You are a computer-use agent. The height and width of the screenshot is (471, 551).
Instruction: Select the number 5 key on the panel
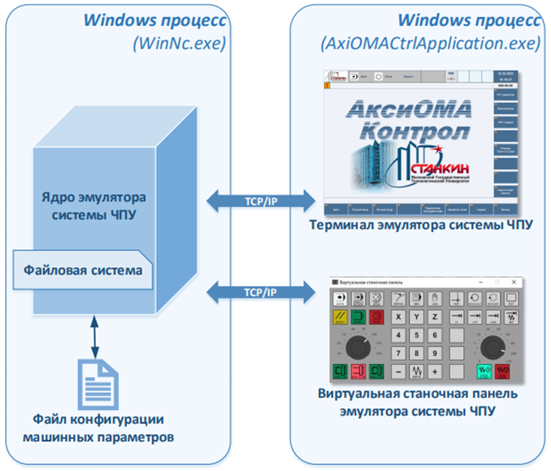[417, 335]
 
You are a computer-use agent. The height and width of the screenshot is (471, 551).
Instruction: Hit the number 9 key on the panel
[436, 353]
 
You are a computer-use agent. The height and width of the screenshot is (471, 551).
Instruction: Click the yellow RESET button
[340, 317]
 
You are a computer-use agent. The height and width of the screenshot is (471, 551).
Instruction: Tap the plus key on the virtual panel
[436, 372]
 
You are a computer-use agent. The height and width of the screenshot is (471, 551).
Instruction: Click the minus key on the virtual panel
[399, 372]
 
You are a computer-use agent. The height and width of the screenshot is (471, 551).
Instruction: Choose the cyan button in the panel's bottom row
[485, 372]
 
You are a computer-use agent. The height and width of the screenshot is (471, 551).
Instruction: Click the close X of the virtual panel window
[514, 283]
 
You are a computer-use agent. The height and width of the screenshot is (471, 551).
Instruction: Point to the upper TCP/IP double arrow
[260, 200]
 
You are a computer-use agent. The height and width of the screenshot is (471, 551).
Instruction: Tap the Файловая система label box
[83, 269]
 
